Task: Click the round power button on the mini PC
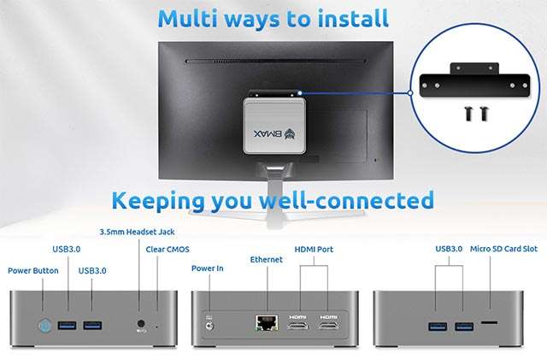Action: click(44, 325)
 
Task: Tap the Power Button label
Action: click(33, 270)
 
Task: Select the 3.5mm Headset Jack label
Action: click(138, 232)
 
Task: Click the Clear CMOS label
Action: click(168, 250)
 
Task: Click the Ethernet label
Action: click(265, 258)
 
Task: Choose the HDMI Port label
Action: click(314, 250)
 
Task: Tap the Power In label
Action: click(207, 268)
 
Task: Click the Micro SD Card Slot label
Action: click(504, 249)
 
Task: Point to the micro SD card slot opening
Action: click(490, 324)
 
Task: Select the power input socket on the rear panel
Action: click(208, 322)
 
